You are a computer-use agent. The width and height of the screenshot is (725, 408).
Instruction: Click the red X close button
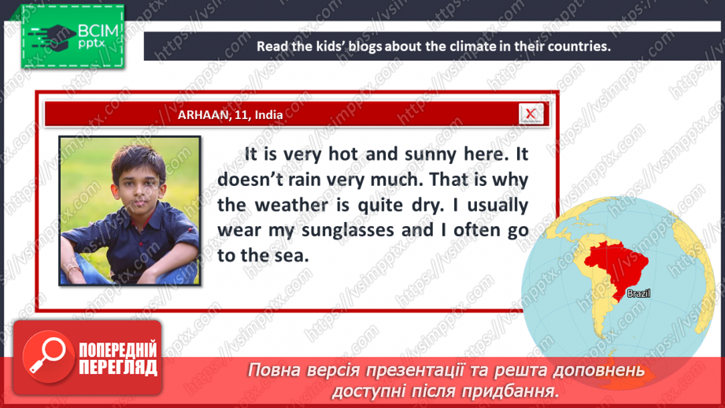click(x=531, y=114)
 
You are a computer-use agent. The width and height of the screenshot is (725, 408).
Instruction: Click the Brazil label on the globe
click(x=638, y=293)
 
